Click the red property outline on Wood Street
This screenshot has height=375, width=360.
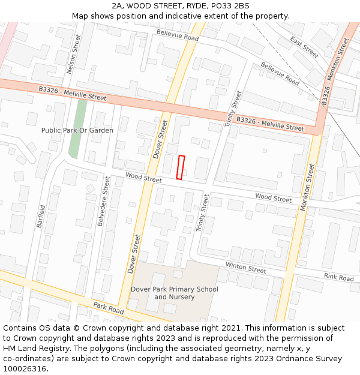point(181,167)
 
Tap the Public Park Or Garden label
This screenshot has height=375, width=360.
point(77,130)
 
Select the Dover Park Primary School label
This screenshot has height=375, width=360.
point(175,293)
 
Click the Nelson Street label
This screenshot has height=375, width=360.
point(73,54)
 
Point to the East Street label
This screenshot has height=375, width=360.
point(304,47)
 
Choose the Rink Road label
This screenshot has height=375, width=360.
point(338,277)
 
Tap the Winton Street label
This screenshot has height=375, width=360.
point(245,268)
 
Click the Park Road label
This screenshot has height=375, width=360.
point(109,308)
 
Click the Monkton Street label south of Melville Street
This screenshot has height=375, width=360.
point(307,187)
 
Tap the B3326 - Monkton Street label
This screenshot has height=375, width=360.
point(335,73)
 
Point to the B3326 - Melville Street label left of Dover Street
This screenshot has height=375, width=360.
point(72,94)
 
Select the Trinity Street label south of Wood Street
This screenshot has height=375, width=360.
point(203,213)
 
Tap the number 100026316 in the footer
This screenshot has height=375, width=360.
point(26,368)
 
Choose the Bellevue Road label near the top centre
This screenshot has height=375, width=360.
point(177,35)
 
